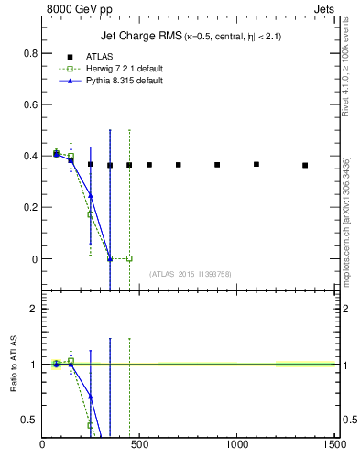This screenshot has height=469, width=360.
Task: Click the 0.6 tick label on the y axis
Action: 31,104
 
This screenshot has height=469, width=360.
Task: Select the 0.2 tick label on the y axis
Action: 31,207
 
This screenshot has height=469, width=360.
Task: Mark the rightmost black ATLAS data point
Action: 305,166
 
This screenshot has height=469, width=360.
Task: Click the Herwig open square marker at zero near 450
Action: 129,258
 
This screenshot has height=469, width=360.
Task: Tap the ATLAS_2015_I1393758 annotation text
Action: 189,274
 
